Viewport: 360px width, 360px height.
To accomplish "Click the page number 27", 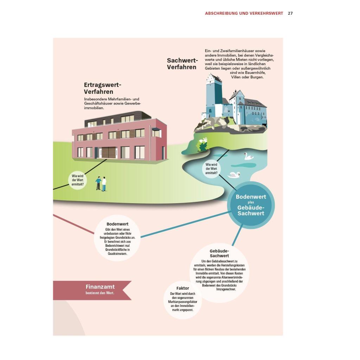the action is (x=290, y=13).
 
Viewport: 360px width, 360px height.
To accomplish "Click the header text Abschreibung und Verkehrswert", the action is (x=244, y=13).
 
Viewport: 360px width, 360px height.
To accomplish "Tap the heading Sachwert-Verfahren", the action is (x=182, y=64).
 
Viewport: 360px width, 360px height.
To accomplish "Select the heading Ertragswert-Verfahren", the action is (x=102, y=88).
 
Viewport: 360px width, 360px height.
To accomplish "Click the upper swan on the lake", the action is (x=249, y=156).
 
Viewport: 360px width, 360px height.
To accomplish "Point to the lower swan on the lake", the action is (x=234, y=175).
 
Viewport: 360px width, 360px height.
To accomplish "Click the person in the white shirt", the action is (x=104, y=184).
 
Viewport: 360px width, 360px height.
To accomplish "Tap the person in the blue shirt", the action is (x=98, y=183).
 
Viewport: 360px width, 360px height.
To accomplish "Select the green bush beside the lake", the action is (x=202, y=145).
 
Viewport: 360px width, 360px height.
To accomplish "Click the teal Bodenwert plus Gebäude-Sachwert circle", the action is (x=251, y=205).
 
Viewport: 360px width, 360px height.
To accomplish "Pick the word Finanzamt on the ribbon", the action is (x=100, y=287).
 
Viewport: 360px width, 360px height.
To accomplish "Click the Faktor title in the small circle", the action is (x=183, y=288).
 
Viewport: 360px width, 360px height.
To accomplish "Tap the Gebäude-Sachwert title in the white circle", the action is (x=219, y=253).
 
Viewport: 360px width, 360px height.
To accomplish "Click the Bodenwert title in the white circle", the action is (x=117, y=224).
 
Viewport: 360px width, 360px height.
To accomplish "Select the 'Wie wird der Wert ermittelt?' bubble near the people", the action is (x=78, y=180).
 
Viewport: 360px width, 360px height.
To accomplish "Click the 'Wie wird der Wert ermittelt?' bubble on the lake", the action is (x=211, y=169).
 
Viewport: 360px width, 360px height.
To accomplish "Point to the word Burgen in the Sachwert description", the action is (x=257, y=77).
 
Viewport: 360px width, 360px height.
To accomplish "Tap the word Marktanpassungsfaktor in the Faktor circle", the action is (x=182, y=302).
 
